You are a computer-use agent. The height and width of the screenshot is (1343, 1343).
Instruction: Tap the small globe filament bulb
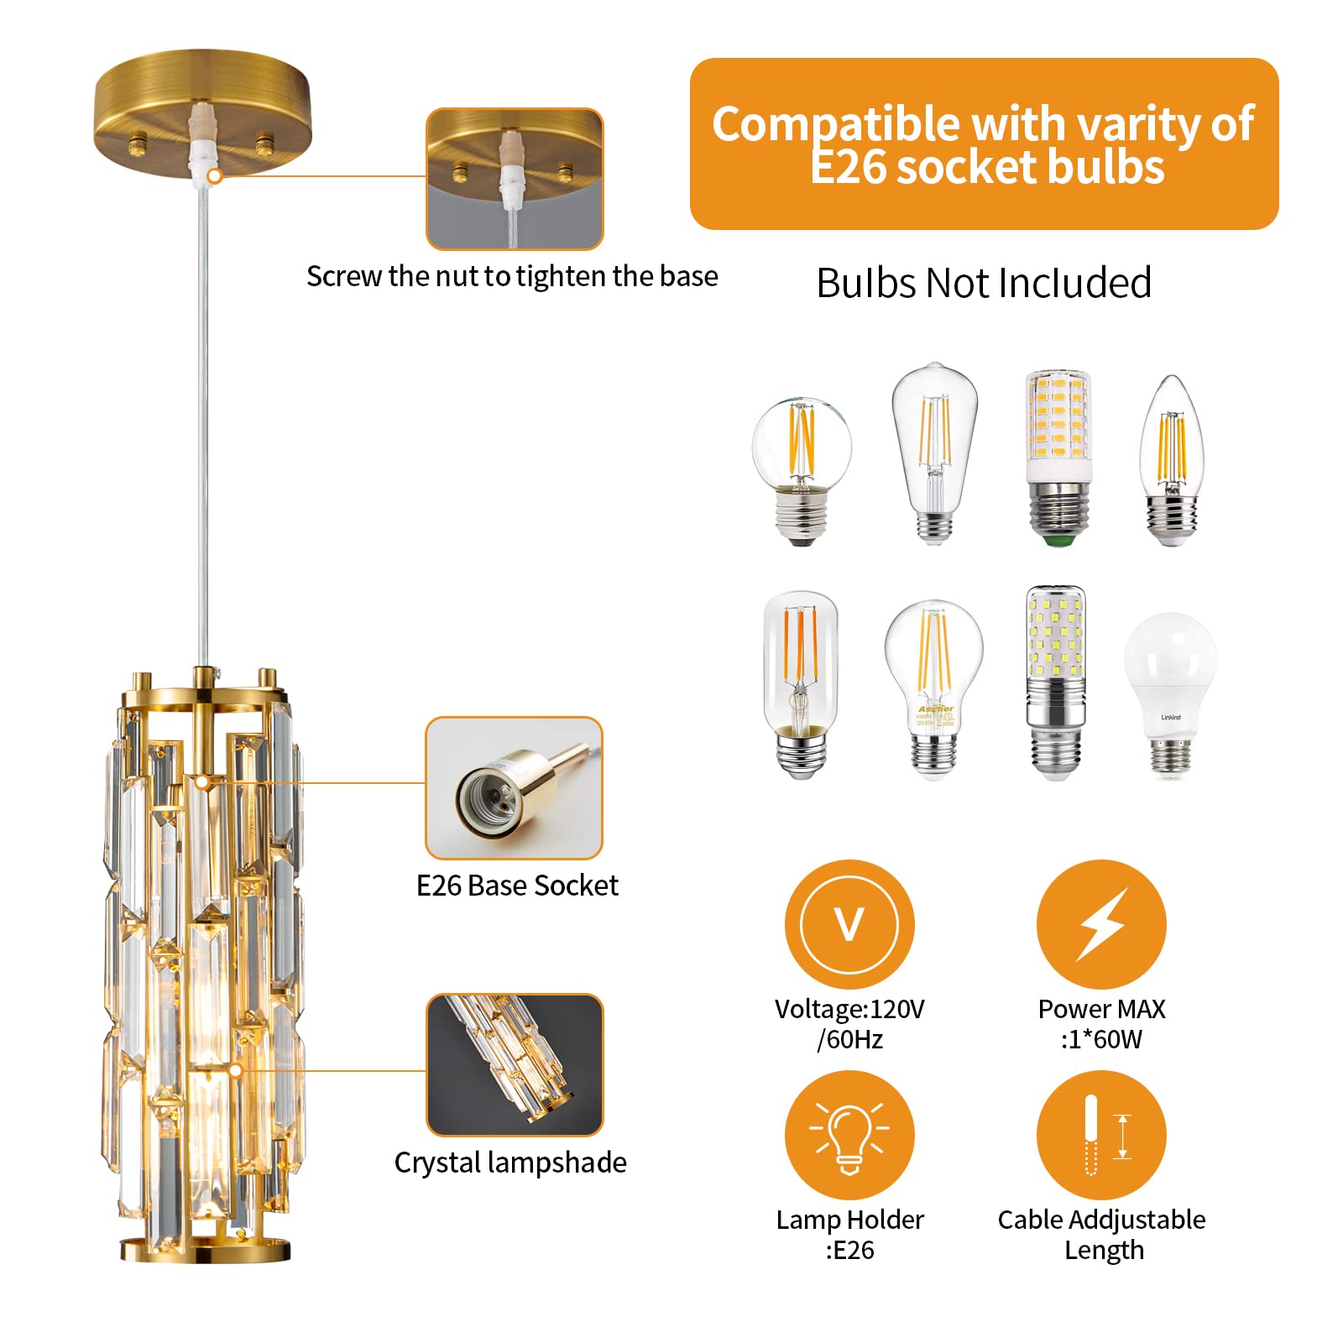click(802, 470)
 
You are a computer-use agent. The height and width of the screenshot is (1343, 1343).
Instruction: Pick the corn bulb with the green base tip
click(1058, 457)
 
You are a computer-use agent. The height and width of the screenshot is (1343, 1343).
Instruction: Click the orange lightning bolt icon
click(1101, 923)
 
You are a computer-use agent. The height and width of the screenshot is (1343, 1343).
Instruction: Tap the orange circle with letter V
click(849, 923)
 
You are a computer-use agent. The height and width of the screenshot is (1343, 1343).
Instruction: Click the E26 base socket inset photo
click(514, 787)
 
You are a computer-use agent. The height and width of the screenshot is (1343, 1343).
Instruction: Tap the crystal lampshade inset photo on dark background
click(514, 1064)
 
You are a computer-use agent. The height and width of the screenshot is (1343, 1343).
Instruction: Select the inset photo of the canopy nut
click(514, 179)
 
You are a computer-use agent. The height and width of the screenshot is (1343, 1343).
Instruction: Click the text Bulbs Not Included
click(983, 283)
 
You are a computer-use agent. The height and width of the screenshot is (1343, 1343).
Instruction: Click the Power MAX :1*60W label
click(1101, 1023)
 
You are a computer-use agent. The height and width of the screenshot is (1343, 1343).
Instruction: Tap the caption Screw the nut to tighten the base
click(512, 276)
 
